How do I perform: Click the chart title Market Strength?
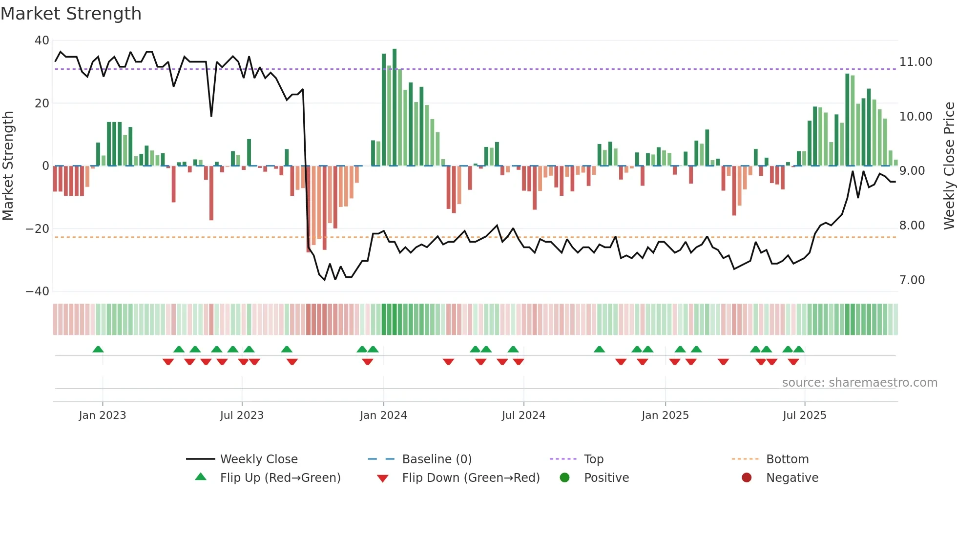pos(71,14)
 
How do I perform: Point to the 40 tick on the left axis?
pos(42,41)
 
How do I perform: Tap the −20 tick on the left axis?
pos(38,228)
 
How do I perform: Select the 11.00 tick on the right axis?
pos(915,62)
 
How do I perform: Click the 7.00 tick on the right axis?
pos(912,280)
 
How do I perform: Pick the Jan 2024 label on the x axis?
pos(383,415)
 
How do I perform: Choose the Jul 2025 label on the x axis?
pos(804,415)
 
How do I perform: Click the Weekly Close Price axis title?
pos(949,166)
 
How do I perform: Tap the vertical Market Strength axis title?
pos(8,166)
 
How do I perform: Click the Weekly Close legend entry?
pos(258,459)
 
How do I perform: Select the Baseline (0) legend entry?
pos(437,459)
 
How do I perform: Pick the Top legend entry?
pos(593,459)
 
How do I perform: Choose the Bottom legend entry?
pos(787,459)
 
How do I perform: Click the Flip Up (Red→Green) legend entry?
pos(280,478)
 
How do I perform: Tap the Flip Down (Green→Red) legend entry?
pos(471,478)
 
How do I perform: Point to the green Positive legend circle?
pos(565,478)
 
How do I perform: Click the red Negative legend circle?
pos(747,478)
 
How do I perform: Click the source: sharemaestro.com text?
pos(859,383)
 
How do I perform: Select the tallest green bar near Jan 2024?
pos(395,107)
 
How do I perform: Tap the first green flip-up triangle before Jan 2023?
pos(98,350)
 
